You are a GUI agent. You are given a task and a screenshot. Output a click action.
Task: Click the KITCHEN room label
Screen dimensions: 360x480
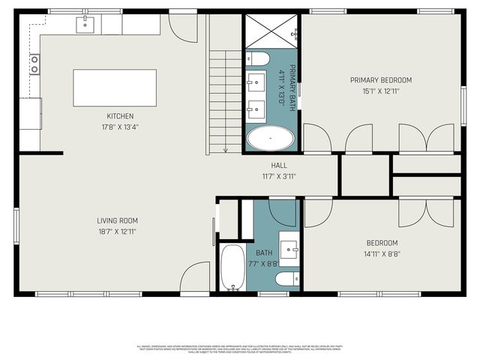point(120,116)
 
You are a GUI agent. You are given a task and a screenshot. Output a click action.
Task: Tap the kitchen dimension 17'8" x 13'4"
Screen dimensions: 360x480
point(120,127)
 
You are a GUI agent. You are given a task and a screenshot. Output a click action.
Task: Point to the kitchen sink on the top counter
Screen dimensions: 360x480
point(85,25)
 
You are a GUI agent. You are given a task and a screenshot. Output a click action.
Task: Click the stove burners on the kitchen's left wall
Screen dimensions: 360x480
point(34,64)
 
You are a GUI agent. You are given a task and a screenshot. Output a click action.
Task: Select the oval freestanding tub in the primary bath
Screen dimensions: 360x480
point(271,139)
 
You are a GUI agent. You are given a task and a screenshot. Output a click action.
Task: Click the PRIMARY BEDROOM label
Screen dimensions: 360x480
point(381,80)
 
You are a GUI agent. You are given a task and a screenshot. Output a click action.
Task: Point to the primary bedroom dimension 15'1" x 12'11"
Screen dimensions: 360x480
point(381,91)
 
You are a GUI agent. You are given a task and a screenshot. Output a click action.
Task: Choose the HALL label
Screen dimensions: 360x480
point(279,166)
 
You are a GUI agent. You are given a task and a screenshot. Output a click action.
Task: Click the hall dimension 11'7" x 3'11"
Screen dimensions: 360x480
point(279,176)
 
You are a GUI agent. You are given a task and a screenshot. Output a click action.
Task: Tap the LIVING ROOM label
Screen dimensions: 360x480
point(117,220)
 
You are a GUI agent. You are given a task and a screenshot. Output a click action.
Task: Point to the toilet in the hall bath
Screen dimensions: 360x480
point(286,280)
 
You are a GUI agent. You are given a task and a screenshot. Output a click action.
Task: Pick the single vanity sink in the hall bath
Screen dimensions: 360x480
point(289,245)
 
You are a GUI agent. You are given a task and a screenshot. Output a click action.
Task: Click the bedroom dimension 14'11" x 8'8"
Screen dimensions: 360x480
point(382,253)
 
